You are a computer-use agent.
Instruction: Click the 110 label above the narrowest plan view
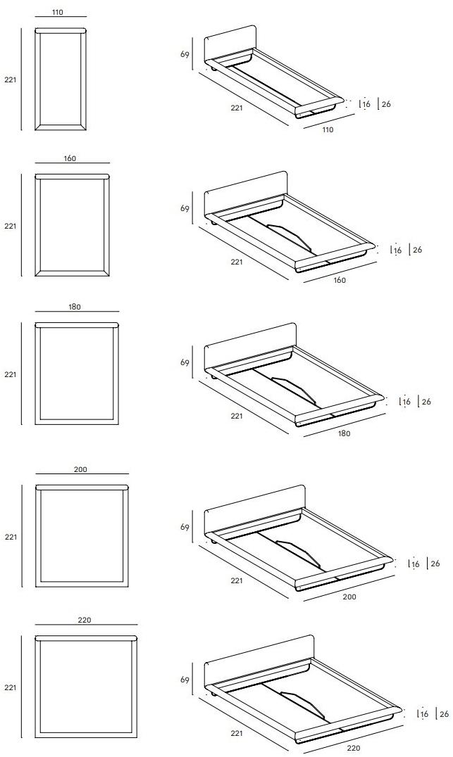57,13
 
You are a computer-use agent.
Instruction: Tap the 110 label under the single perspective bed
328,129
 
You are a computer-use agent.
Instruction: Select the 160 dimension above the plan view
70,158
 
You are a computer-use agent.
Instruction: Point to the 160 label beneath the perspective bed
340,280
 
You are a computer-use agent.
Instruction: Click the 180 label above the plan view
75,307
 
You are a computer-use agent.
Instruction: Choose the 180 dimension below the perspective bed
345,433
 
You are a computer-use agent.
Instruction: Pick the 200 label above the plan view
81,469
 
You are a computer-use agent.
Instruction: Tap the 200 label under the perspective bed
349,597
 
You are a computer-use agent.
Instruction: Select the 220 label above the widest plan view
84,620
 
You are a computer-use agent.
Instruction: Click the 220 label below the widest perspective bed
354,749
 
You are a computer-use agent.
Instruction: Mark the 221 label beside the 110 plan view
10,79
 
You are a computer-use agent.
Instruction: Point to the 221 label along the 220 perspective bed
237,733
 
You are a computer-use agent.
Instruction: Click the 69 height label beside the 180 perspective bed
185,362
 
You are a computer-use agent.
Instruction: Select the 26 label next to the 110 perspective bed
386,104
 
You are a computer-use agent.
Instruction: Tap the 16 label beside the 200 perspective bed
415,564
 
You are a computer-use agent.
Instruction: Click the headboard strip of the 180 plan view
77,325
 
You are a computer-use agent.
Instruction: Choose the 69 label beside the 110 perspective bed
185,55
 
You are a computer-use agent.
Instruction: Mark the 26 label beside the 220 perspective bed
444,714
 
